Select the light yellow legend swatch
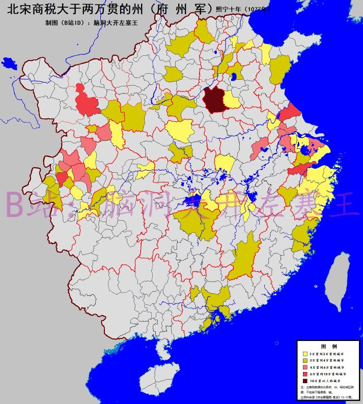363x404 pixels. (305, 353)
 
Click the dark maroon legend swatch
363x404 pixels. (305, 381)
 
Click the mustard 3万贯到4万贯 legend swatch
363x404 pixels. (305, 360)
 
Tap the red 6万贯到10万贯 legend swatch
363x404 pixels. (305, 374)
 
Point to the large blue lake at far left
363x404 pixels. (9, 63)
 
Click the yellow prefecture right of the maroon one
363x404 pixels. (232, 100)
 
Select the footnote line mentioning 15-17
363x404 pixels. (326, 397)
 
